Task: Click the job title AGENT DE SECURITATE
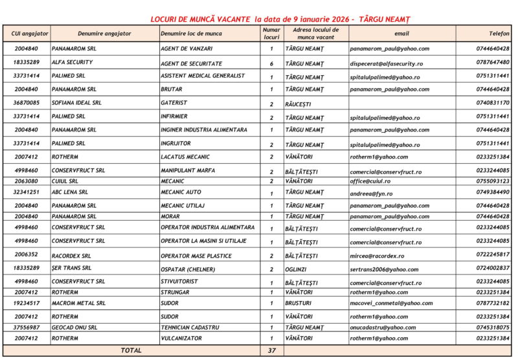(191, 63)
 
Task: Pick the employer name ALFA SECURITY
(72, 63)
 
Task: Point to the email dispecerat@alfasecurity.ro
(387, 63)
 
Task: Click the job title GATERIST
(174, 103)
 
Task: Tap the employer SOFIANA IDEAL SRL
(76, 103)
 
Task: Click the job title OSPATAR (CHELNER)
(188, 269)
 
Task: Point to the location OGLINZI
(298, 269)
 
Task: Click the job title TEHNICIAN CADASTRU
(191, 328)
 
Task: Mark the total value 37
(271, 351)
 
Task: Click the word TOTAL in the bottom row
(131, 351)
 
